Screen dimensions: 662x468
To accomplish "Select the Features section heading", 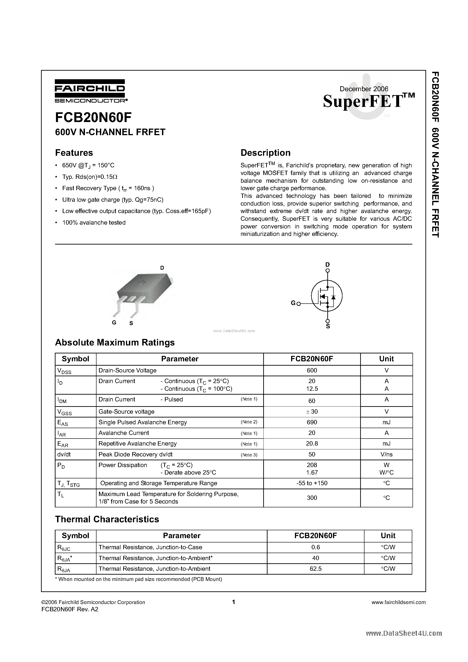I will coord(74,153).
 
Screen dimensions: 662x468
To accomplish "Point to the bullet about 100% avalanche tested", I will coord(94,223).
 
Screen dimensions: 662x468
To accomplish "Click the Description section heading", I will coord(265,153).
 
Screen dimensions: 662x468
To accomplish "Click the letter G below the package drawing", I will coord(114,323).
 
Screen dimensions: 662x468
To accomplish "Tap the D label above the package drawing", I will coord(162,268).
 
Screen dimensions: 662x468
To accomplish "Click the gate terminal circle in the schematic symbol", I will coord(299,304).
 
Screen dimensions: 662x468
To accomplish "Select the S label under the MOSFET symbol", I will coord(328,326).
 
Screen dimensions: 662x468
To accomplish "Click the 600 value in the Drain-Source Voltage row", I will coord(312,370).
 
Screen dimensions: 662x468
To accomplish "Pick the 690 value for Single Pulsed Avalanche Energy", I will coord(312,422).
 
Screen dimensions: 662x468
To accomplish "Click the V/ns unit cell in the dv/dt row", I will coord(386,454).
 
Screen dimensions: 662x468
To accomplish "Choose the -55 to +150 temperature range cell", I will coord(312,483).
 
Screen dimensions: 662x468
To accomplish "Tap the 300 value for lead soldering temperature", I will coord(312,498).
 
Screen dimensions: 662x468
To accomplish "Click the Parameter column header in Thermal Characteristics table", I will coord(181,536).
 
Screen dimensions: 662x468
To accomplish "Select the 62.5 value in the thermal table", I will coord(315,568).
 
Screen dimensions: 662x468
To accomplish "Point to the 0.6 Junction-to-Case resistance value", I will coord(316,547).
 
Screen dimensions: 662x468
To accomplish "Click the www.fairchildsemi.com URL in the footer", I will coord(398,602).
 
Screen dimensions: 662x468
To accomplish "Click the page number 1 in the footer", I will coord(234,602).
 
